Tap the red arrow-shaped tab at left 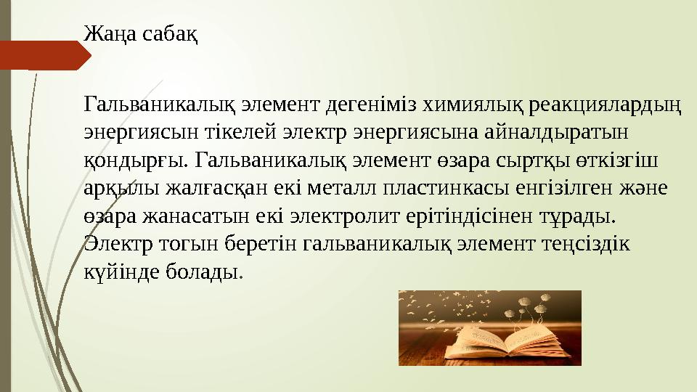pyautogui.click(x=44, y=55)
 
